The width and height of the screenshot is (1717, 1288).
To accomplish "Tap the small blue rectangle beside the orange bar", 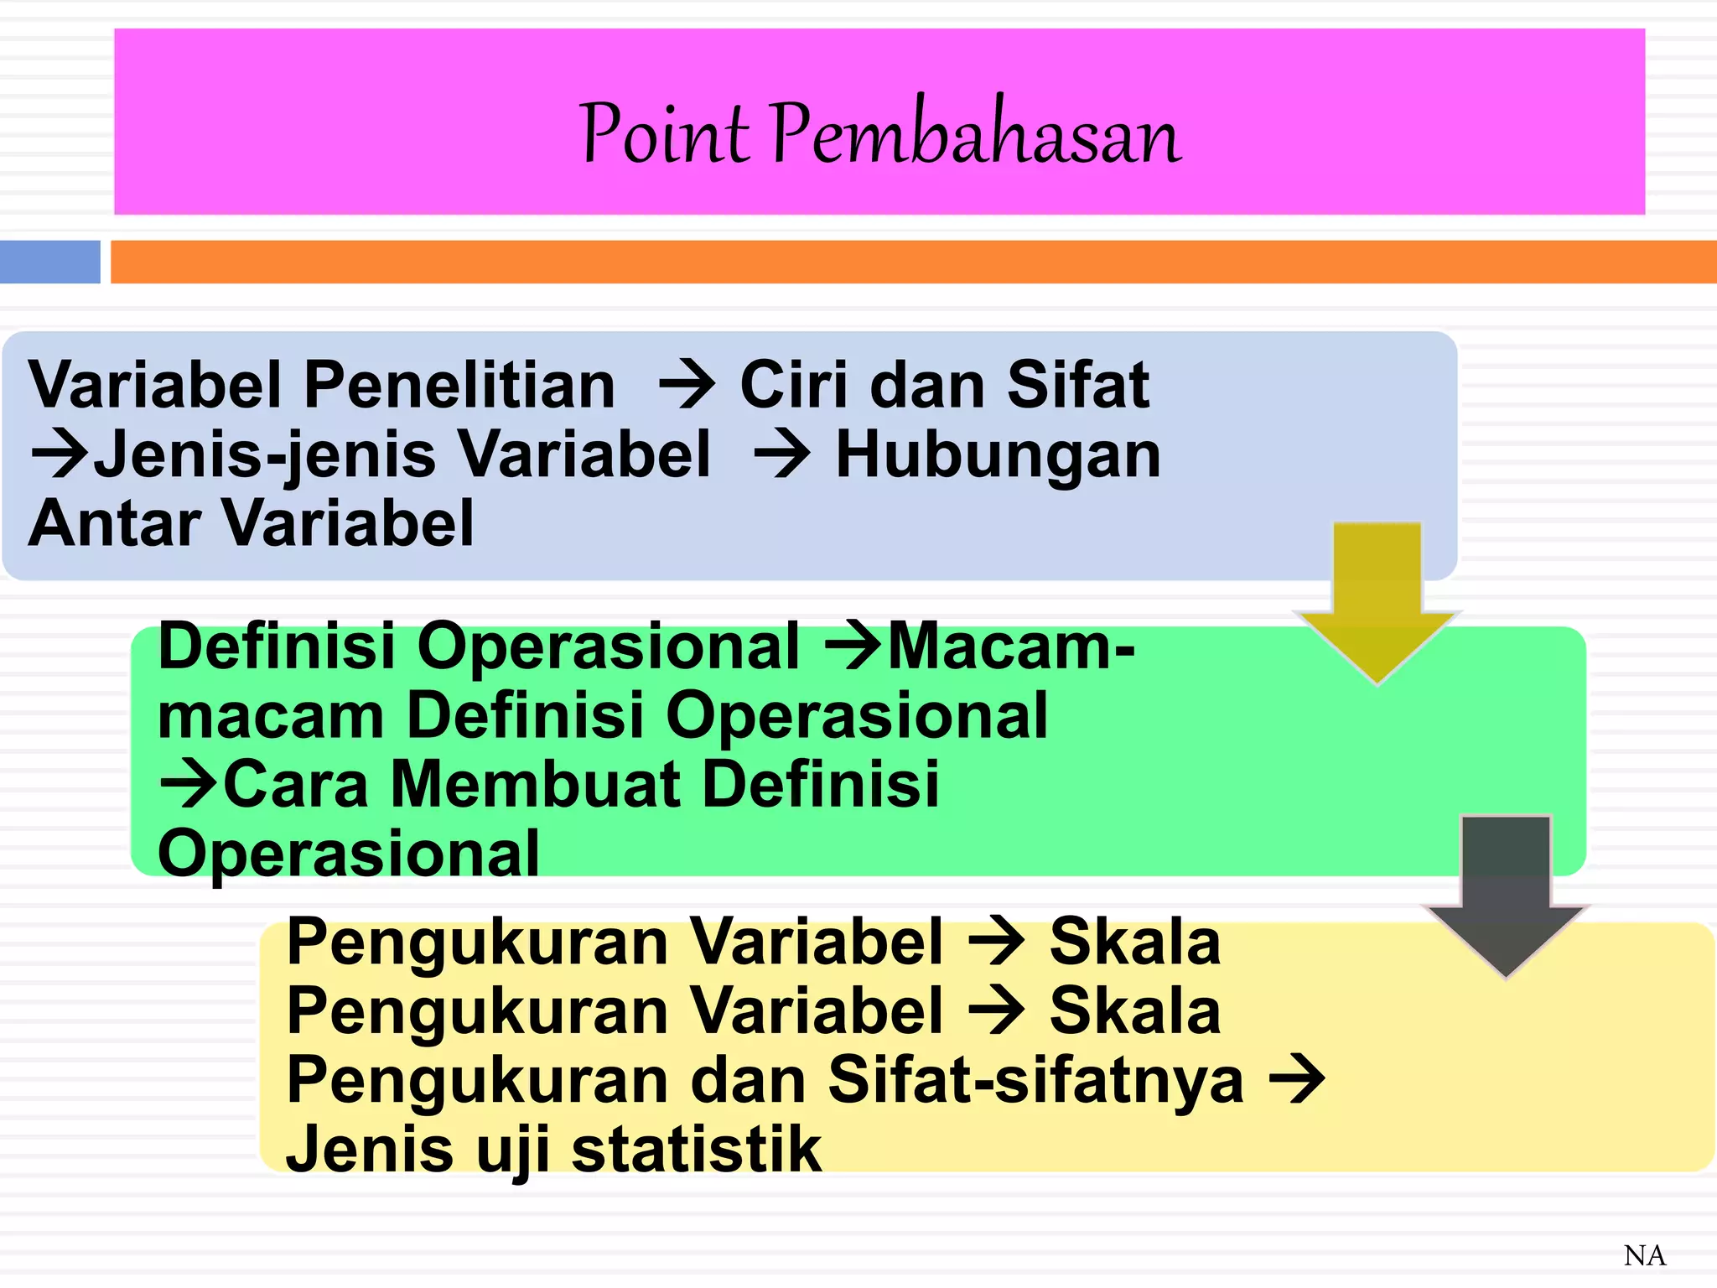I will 50,262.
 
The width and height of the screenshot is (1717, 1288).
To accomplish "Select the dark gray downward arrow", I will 1507,893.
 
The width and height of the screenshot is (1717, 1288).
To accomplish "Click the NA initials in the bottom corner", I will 1644,1255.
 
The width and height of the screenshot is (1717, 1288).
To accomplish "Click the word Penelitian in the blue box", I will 459,385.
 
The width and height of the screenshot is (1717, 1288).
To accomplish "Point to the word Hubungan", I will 998,454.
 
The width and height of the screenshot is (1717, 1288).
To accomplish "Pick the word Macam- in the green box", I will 1011,647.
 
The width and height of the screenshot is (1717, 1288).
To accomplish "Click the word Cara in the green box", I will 295,784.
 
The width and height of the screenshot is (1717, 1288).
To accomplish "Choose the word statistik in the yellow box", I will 696,1149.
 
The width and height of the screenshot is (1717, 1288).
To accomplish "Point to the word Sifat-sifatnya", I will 1035,1080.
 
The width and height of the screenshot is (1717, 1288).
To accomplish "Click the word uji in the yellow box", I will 513,1150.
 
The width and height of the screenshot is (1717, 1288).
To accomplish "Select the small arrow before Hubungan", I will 782,455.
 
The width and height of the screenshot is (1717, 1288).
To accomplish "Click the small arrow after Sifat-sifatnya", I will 1297,1080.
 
